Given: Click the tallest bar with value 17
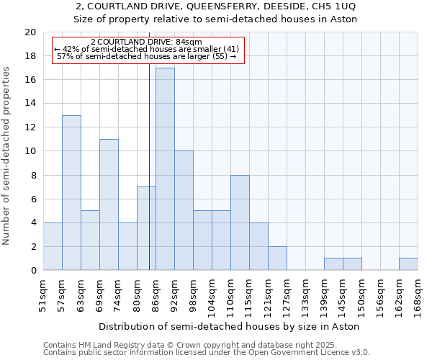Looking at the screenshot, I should click(165, 169).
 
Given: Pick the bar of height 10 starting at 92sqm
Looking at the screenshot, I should click(184, 210).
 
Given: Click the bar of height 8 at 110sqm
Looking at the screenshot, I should click(240, 222).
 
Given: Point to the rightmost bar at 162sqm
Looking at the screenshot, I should click(408, 264).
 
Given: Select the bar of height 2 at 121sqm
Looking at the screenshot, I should click(277, 258).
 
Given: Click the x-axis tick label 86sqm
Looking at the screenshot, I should click(156, 295).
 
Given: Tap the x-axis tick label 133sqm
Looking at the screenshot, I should click(306, 295).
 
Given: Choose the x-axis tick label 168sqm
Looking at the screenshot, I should click(418, 295).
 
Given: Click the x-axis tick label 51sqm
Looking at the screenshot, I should click(44, 295).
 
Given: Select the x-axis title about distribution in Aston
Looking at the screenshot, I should click(230, 326).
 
